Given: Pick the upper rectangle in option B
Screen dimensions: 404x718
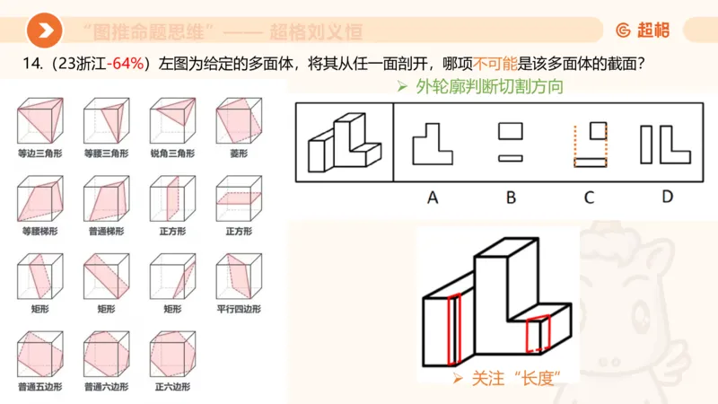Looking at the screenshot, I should click(511, 131).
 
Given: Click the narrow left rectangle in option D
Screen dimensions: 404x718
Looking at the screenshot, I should click(646, 145).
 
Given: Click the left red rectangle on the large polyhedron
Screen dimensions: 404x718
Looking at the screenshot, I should click(454, 329).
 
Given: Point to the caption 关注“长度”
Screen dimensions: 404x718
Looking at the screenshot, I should click(512, 378).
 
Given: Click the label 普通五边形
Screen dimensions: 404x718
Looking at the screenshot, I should click(39, 387).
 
